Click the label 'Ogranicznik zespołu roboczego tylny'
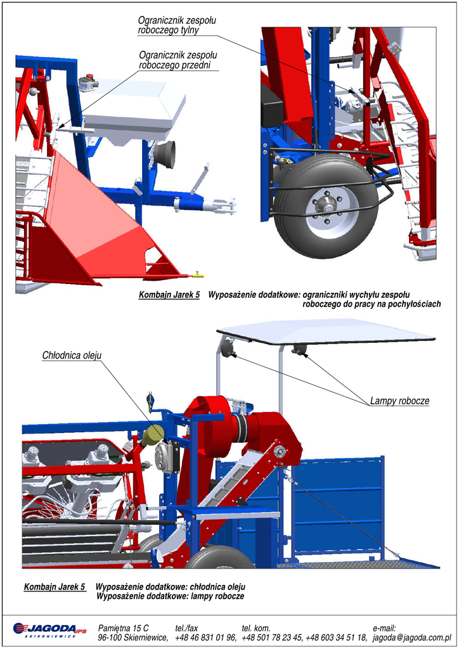point(177,26)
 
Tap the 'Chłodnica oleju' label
point(72,355)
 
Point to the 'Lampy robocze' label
point(399,401)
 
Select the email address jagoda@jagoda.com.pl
point(416,637)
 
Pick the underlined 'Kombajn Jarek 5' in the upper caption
point(169,295)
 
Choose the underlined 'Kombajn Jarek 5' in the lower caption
point(55,587)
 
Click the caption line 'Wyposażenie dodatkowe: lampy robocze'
point(170,596)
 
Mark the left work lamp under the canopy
point(227,348)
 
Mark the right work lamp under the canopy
point(300,349)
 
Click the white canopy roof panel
point(326,330)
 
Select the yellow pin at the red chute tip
point(197,275)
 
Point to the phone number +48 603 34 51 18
point(337,637)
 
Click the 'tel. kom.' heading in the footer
point(257,627)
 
